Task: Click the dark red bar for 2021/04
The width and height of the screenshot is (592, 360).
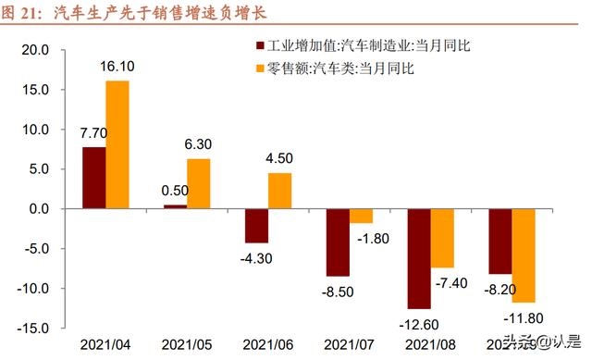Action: point(94,178)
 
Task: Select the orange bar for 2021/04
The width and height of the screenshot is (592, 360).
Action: point(117,144)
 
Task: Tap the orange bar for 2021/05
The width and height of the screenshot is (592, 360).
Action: point(199,183)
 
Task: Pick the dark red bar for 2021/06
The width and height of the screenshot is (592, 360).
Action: point(256,225)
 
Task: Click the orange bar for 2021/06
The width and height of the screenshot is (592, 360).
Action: point(279,191)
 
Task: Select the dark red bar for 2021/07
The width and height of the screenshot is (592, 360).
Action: point(338,242)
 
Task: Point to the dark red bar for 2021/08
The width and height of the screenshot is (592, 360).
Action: point(419,258)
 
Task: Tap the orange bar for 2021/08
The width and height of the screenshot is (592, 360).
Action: point(442,238)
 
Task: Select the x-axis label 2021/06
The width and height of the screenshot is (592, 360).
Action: point(268,343)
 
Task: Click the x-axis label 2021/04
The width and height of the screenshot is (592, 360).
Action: point(105,343)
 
